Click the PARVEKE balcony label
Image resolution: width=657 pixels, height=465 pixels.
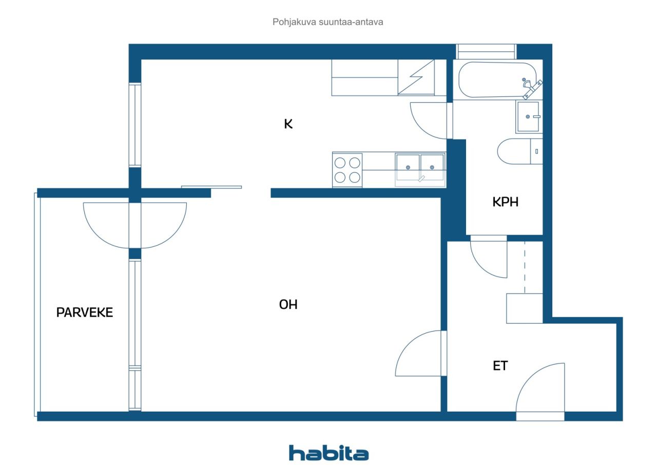(85, 313)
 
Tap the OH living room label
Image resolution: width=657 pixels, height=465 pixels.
(288, 305)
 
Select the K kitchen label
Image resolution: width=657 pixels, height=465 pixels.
(288, 124)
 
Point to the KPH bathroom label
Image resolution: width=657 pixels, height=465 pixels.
(506, 202)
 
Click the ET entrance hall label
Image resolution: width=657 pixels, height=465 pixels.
(500, 365)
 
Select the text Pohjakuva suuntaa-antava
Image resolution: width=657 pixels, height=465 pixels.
(328, 22)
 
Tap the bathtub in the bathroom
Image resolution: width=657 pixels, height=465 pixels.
(497, 80)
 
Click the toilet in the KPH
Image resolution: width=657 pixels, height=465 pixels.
(520, 151)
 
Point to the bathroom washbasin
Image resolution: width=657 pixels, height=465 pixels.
(529, 117)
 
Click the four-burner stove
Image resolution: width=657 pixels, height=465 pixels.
(347, 170)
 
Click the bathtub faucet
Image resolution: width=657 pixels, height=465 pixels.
(531, 88)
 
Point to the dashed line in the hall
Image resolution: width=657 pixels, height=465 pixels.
(525, 267)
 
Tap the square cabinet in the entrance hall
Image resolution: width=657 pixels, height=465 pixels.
(525, 308)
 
